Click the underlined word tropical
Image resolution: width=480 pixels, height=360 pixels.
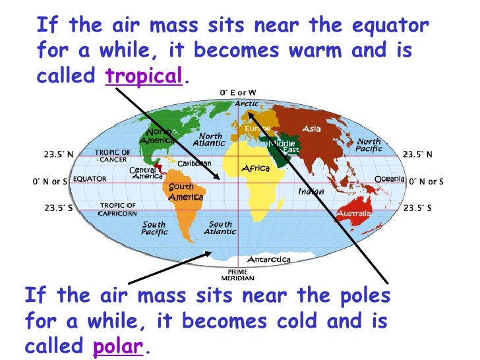(x=143, y=76)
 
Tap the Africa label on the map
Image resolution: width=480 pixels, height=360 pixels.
(x=256, y=169)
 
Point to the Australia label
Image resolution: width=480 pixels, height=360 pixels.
(x=355, y=214)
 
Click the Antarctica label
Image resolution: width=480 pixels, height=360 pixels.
(x=268, y=260)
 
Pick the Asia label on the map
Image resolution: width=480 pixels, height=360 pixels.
(x=311, y=129)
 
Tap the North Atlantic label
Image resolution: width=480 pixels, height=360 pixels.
(x=209, y=140)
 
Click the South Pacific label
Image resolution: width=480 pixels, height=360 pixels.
(x=154, y=228)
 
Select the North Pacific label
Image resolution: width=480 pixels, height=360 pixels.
(x=369, y=145)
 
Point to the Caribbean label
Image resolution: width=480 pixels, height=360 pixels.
(x=195, y=163)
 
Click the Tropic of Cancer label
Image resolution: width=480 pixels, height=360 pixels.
(x=113, y=156)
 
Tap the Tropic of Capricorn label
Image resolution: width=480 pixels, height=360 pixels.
(x=118, y=210)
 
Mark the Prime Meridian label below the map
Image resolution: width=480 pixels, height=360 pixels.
(x=238, y=276)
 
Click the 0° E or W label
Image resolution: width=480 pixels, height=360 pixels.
(x=238, y=93)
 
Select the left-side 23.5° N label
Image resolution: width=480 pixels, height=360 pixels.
(x=58, y=154)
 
